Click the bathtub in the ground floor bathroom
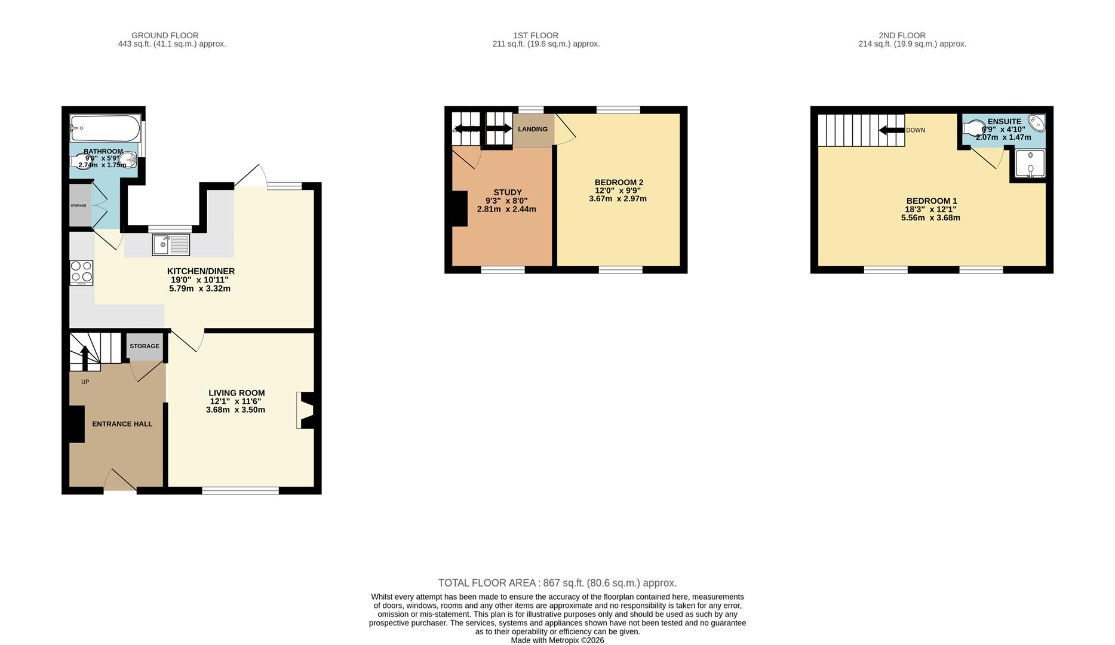pos(105,128)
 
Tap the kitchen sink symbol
pos(171,245)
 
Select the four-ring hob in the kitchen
pos(81,272)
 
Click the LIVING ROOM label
pos(236,393)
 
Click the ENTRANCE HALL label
pos(122,424)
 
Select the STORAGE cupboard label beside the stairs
pos(145,346)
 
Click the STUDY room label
pos(508,192)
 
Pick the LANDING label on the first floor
pos(532,129)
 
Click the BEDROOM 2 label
pos(619,182)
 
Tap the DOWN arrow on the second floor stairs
pos(892,130)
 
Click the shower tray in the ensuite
pos(1030,164)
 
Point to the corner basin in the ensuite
pos(1036,124)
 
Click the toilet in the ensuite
pos(974,128)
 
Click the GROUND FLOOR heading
pos(165,35)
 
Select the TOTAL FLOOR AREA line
pos(557,583)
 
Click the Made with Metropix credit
pos(557,640)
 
